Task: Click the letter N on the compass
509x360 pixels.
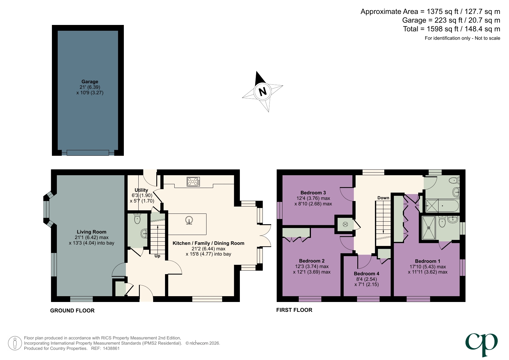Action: pyautogui.click(x=262, y=92)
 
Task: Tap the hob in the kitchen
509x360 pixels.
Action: pyautogui.click(x=193, y=182)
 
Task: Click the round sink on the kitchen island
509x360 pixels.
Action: pyautogui.click(x=189, y=221)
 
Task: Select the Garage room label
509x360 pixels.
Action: pyautogui.click(x=90, y=82)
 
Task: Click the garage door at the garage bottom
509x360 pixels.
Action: pyautogui.click(x=88, y=153)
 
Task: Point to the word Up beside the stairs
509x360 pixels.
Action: pyautogui.click(x=157, y=256)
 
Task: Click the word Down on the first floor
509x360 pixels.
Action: pyautogui.click(x=383, y=198)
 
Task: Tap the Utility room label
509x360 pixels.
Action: pyautogui.click(x=141, y=190)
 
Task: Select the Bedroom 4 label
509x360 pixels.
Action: pyautogui.click(x=366, y=274)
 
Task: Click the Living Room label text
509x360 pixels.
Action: pyautogui.click(x=91, y=232)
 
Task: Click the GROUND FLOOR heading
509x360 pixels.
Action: pyautogui.click(x=72, y=310)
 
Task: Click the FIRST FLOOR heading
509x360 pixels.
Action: pyautogui.click(x=294, y=310)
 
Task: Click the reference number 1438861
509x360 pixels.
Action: pyautogui.click(x=110, y=348)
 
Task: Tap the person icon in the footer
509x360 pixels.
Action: pyautogui.click(x=15, y=343)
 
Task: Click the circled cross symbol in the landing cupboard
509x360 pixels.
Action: pyautogui.click(x=345, y=224)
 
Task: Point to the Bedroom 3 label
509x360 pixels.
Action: pyautogui.click(x=313, y=193)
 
